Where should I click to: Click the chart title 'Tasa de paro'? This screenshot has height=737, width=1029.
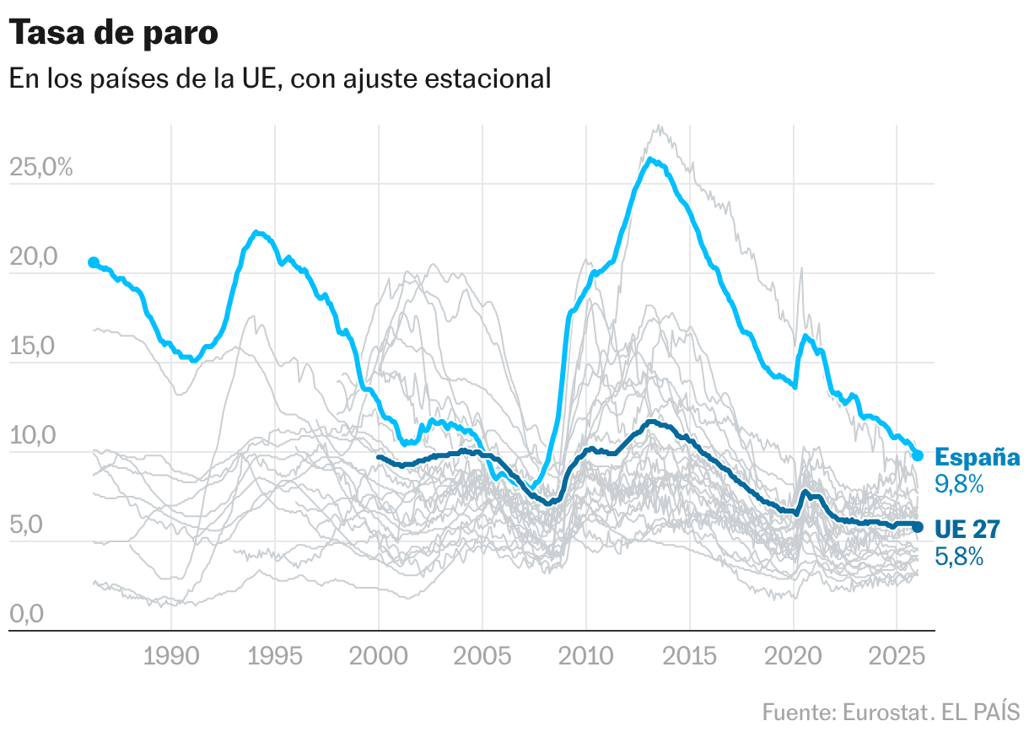(114, 34)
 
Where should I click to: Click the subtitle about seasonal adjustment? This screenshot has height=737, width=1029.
(279, 78)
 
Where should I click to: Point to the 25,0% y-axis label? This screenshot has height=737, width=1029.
(41, 167)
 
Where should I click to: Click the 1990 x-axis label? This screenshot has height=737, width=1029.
(171, 656)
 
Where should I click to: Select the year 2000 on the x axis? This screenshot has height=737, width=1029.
(379, 656)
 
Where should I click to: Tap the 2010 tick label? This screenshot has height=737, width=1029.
(586, 656)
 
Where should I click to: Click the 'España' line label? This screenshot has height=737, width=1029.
(978, 458)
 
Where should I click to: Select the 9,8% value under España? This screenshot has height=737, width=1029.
(960, 484)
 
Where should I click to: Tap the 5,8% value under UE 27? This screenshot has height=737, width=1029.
(960, 556)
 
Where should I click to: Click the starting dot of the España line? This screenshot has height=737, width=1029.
(94, 262)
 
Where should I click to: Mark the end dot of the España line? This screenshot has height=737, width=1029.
(919, 455)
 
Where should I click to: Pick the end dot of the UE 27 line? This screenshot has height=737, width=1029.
(919, 527)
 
